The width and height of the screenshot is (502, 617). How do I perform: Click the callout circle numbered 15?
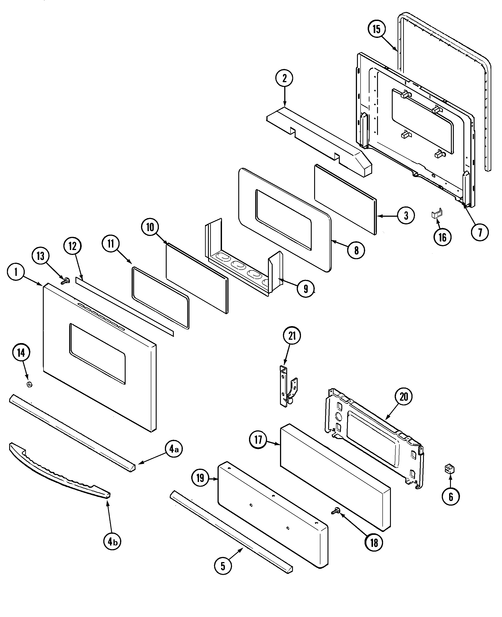377,29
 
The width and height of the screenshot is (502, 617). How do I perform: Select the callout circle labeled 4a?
174,449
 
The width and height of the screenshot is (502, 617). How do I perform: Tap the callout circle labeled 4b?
112,542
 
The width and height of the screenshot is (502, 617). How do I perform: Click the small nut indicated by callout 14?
29,384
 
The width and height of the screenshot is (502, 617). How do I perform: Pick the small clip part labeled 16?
437,214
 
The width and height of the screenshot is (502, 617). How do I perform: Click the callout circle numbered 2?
284,78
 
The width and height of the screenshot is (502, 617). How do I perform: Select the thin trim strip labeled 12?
124,307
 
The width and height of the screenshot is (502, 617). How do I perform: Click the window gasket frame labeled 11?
160,298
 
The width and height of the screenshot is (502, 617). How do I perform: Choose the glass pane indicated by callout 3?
346,200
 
